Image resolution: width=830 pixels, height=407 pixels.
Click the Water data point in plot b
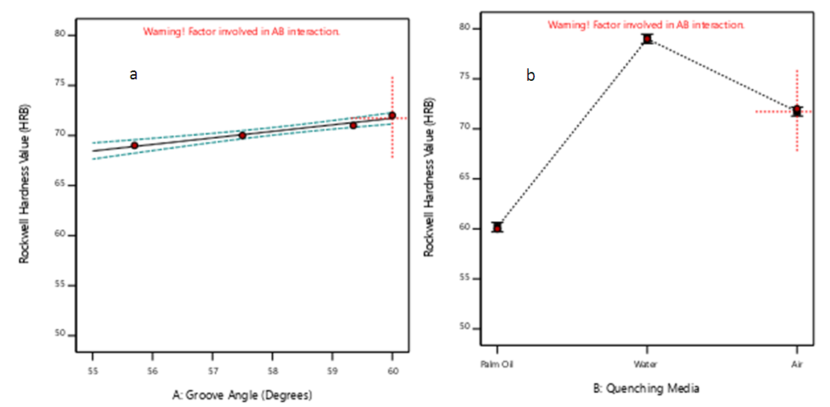pos(647,39)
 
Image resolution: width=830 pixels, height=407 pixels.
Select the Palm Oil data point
pos(497,228)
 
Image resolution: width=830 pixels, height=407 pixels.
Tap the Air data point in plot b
pos(797,111)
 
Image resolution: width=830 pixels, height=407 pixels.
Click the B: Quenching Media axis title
pos(647,388)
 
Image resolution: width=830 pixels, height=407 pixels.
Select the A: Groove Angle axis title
pos(242,395)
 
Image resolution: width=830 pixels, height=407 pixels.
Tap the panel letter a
pos(133,74)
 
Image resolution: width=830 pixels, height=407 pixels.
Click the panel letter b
pos(530,74)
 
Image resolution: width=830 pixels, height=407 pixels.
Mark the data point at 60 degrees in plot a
pos(392,115)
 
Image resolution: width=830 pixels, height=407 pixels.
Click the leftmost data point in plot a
pos(134,145)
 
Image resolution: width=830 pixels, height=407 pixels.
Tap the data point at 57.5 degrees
pos(242,135)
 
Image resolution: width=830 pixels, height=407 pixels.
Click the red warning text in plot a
pos(242,32)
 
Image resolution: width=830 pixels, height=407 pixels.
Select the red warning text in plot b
pos(646,25)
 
